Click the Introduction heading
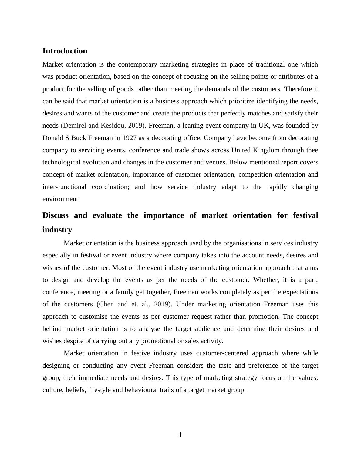65,51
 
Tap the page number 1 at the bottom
180,435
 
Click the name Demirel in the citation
74,126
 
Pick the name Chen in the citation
106,304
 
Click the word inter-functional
64,187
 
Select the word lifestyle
99,390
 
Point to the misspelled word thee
312,150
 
